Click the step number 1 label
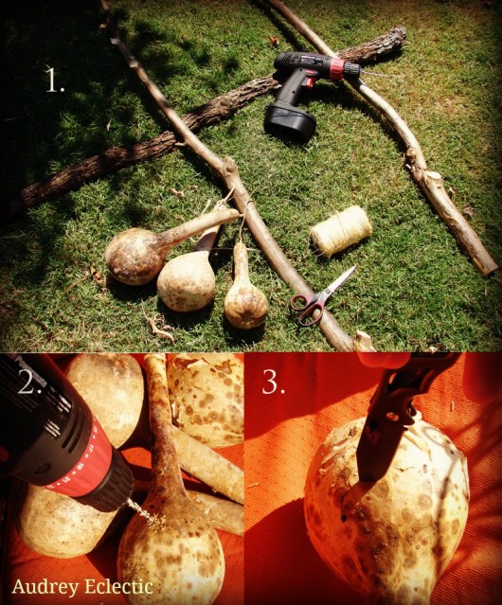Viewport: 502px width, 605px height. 55,80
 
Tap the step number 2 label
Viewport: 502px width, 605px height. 29,383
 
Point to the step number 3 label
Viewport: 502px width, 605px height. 274,383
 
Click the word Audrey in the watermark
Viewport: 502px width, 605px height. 45,587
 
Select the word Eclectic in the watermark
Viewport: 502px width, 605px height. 118,586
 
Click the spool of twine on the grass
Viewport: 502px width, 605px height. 341,231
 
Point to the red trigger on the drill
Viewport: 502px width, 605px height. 309,81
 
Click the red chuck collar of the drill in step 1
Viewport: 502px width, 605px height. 337,69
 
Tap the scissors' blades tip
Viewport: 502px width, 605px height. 354,267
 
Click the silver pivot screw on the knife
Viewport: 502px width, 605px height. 391,417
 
